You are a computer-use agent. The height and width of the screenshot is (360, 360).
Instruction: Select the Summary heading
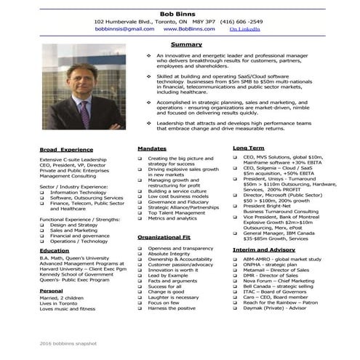[x=185, y=45]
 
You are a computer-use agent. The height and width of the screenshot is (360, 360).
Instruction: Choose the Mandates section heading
[x=152, y=148]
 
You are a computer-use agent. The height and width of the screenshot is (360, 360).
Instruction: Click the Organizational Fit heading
[x=164, y=236]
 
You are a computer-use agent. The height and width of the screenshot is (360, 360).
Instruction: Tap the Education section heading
[x=55, y=250]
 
